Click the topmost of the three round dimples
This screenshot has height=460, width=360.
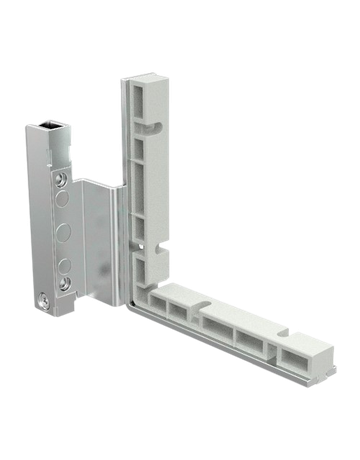(x=62, y=203)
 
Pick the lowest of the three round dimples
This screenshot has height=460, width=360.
(x=62, y=266)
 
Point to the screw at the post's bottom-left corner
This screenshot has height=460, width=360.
(x=45, y=299)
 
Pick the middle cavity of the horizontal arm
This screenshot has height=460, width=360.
(x=217, y=326)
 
